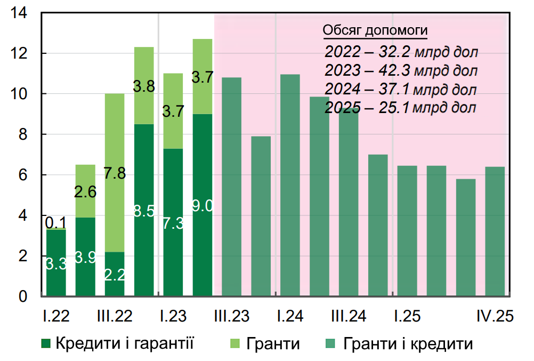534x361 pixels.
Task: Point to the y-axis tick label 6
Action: (x=23, y=175)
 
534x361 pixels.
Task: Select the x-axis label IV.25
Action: (x=495, y=316)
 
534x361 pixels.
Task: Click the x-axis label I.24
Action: (x=290, y=316)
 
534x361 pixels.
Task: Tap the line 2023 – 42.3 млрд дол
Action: (x=401, y=70)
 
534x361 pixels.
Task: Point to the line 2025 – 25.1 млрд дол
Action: (x=400, y=108)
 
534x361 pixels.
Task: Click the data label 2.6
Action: (x=85, y=191)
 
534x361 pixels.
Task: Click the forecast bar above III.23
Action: (x=231, y=187)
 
